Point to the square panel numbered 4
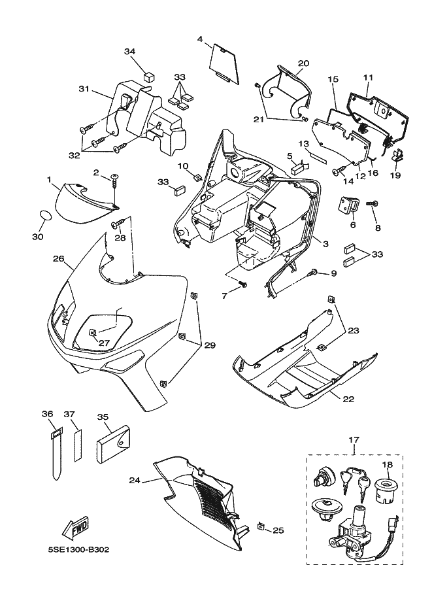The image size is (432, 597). click(222, 62)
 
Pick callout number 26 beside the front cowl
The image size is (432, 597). click(58, 259)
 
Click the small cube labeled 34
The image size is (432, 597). click(149, 77)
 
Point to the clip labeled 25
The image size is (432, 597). click(260, 526)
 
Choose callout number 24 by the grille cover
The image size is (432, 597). click(135, 481)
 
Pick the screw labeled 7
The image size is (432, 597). click(243, 284)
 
